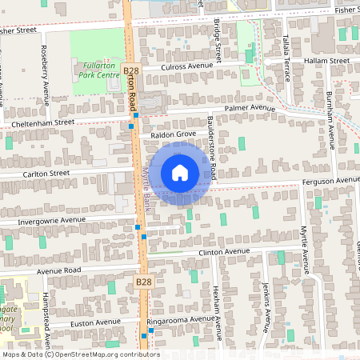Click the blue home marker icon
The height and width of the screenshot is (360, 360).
coord(180,172)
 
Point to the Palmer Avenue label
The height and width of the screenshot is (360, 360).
coord(249,107)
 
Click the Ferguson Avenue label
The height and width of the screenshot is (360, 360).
coord(330,181)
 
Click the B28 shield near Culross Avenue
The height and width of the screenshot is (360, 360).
coord(132,72)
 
